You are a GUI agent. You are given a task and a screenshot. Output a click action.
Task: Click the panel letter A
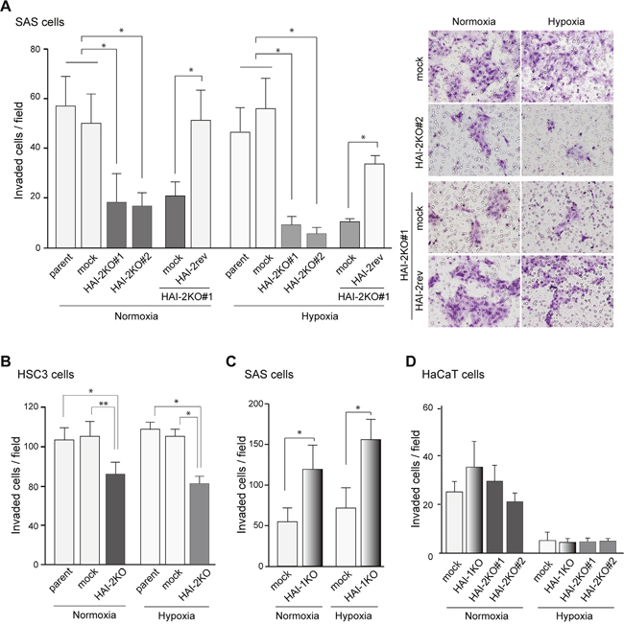[x=5, y=6]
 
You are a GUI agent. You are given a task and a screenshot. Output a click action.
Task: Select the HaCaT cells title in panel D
[x=453, y=375]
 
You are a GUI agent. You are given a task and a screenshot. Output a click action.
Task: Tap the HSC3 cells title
[x=45, y=375]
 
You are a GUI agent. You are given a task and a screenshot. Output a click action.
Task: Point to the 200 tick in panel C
[x=255, y=404]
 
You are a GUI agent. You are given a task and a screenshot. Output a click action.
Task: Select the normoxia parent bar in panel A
[x=65, y=176]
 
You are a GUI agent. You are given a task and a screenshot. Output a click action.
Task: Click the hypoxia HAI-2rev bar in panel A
[x=374, y=206]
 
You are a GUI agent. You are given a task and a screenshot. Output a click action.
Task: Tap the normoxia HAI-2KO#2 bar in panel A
[x=142, y=227]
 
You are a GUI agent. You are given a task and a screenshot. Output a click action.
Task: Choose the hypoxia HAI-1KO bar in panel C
[x=371, y=502]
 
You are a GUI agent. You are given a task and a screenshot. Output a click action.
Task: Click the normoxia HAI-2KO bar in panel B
[x=115, y=519]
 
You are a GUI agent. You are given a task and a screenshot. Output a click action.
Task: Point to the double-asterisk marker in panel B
[x=104, y=404]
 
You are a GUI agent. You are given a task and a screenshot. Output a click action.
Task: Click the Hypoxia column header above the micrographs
[x=566, y=21]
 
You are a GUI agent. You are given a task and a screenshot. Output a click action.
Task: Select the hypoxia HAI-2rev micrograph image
[x=567, y=291]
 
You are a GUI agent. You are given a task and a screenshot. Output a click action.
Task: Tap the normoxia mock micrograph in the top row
[x=474, y=66]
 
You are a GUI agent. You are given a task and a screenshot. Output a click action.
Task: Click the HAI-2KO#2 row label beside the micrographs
[x=419, y=140]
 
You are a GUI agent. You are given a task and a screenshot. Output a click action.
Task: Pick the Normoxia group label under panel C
[x=298, y=615]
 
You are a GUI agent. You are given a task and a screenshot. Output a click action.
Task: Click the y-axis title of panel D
[x=416, y=479]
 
